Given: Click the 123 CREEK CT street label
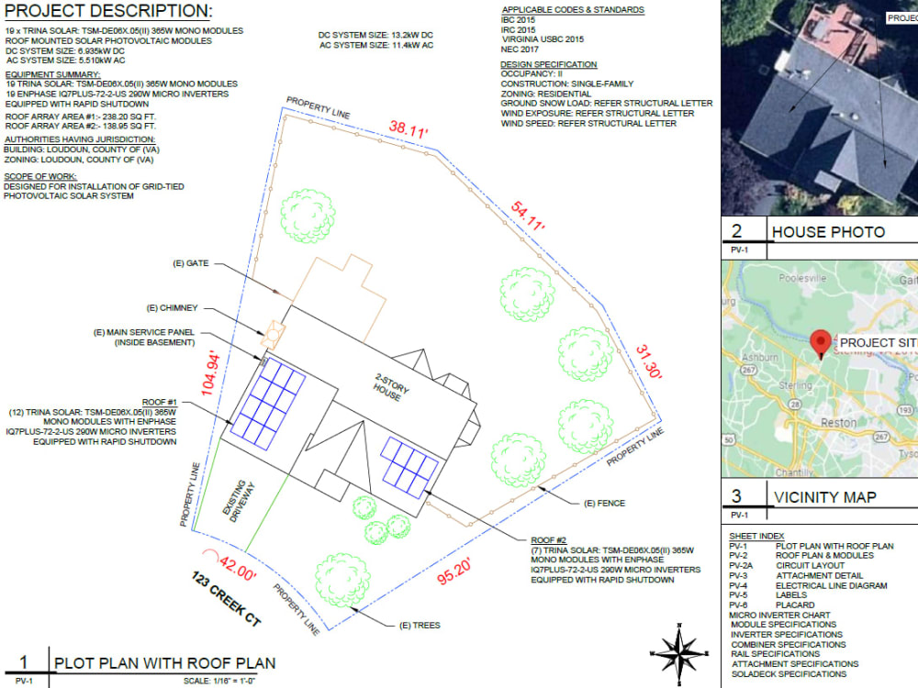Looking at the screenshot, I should [x=226, y=601].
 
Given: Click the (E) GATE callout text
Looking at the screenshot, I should [x=191, y=263].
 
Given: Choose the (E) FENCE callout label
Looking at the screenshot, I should [x=602, y=505].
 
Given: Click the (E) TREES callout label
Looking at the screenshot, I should [x=420, y=625].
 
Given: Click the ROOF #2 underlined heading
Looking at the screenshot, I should [x=551, y=540].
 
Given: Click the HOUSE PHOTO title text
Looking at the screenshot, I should [x=828, y=232].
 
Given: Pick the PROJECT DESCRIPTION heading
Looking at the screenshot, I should [x=107, y=12].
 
